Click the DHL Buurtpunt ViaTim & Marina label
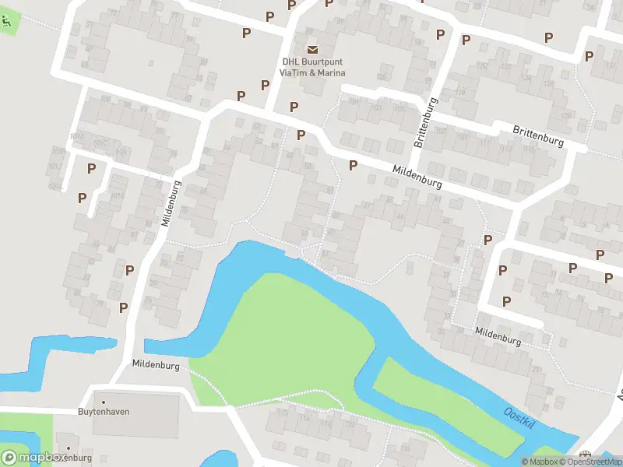[312, 68]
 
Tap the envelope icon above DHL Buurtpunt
[312, 50]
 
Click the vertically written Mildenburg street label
[171, 203]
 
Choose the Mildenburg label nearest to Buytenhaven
[156, 364]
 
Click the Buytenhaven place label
[104, 411]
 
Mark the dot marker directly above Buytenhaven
[104, 392]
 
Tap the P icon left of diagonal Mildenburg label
[353, 165]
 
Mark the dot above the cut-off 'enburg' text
[69, 449]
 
